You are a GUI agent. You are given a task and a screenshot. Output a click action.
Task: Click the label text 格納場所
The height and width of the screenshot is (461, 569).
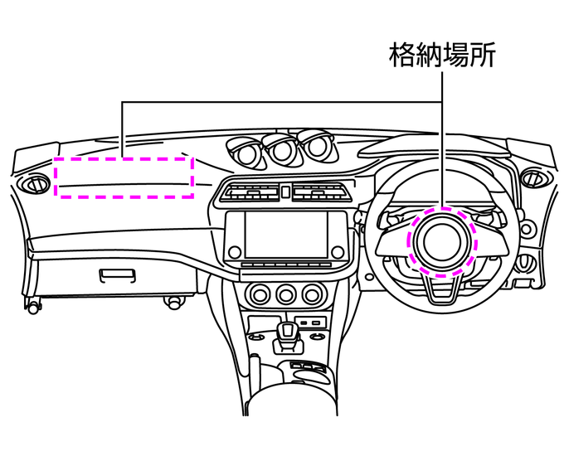(444, 56)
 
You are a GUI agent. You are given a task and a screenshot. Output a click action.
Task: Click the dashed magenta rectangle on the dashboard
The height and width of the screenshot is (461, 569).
(124, 177)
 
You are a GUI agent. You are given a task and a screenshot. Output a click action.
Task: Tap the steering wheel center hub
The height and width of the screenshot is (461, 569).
(440, 241)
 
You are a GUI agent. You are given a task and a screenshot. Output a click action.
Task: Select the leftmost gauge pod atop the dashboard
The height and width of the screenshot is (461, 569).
(247, 151)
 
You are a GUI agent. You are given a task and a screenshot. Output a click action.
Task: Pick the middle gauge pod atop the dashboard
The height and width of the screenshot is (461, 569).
(282, 149)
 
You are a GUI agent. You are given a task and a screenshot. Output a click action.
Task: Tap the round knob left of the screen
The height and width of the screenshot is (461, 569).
(235, 250)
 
